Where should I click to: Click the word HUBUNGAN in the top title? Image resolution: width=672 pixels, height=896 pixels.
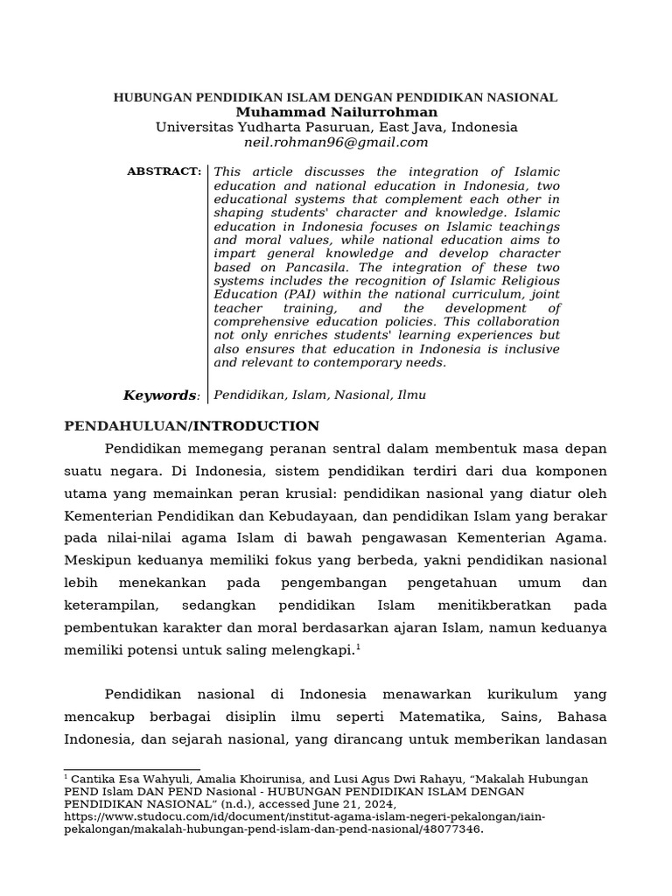tap(146, 98)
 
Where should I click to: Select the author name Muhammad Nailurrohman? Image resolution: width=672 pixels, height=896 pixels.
tap(336, 112)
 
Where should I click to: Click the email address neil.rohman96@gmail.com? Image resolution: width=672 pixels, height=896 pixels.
tap(336, 143)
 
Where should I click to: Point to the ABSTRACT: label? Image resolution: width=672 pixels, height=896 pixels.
tap(164, 171)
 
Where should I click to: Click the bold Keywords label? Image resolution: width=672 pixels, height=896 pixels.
tap(161, 395)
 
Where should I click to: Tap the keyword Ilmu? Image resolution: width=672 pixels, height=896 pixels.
tap(411, 395)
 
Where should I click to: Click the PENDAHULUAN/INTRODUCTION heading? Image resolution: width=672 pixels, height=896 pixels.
tap(192, 426)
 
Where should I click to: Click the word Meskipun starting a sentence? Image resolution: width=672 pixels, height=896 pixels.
tap(97, 561)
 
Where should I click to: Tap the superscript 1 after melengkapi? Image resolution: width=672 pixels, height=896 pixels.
tap(358, 647)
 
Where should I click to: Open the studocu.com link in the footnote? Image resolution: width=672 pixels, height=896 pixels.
tap(304, 817)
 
